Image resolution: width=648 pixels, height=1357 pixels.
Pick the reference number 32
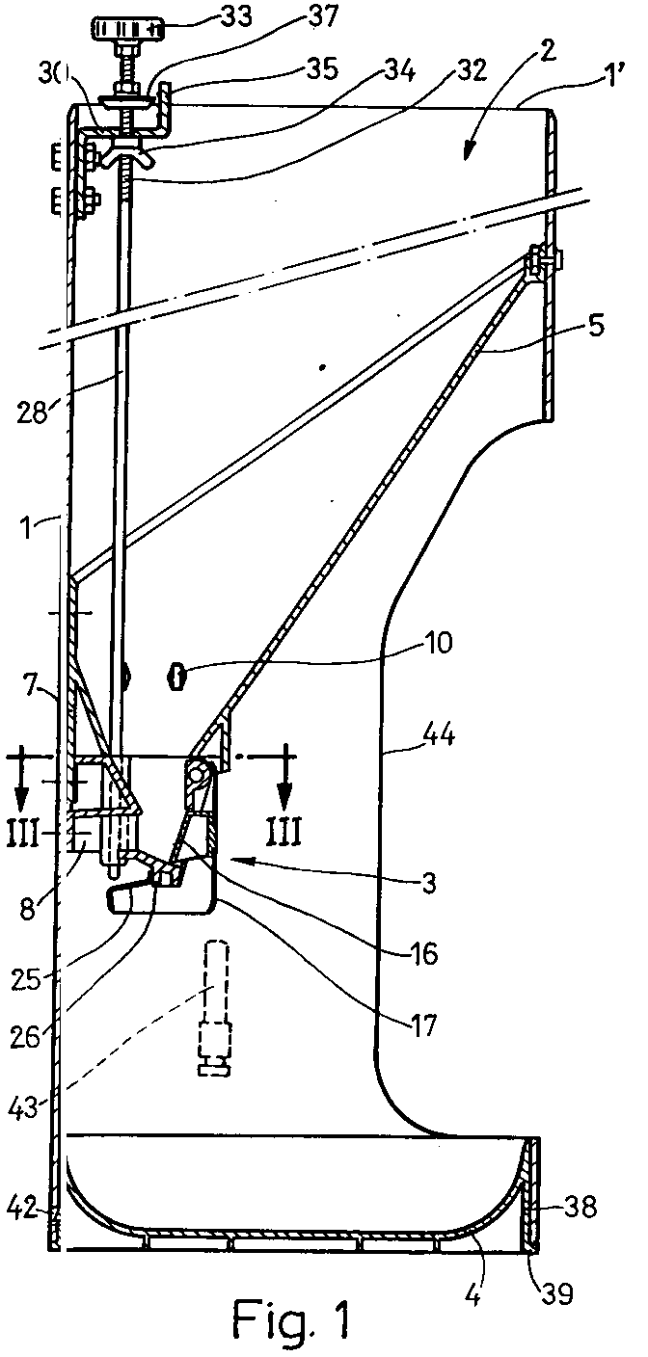click(x=470, y=71)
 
